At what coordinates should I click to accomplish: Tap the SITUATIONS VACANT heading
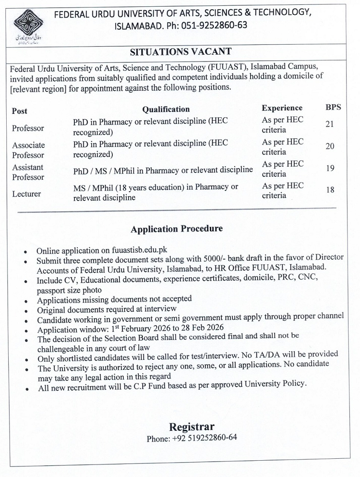coord(180,51)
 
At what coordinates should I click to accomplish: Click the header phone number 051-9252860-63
coord(213,25)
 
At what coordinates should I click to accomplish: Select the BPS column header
coord(333,107)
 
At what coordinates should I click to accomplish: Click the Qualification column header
coord(166,109)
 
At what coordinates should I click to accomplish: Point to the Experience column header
coord(282,108)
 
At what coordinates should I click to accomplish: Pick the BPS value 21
coord(330,124)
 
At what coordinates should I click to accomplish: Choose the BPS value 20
coord(330,146)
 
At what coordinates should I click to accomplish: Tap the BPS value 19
coord(330,168)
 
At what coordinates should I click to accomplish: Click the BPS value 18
coord(330,190)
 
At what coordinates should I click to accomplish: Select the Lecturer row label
coord(26,194)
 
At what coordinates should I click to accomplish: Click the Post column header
coord(20,111)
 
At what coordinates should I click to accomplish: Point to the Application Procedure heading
coord(176,229)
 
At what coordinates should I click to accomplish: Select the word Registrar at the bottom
coord(191,427)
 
